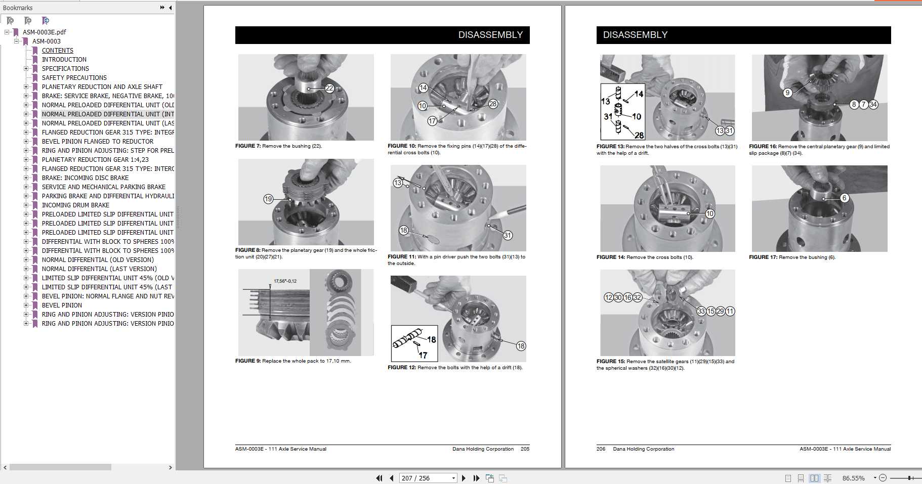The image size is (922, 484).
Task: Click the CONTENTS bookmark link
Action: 57,51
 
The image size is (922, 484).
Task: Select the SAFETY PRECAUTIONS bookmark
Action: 74,78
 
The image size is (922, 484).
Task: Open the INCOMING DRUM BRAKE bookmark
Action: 75,205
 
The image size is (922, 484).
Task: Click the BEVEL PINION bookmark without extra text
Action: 62,305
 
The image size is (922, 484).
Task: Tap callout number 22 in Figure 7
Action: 329,88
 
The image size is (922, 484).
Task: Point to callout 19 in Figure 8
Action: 268,199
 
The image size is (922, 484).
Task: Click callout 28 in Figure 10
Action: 493,104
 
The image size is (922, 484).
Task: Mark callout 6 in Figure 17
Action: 844,198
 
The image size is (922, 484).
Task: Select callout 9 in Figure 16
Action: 787,93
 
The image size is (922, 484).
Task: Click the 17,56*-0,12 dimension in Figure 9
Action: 285,281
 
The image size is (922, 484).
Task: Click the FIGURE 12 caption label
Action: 401,368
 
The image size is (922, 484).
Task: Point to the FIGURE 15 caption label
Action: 610,362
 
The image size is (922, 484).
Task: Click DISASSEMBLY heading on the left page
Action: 490,35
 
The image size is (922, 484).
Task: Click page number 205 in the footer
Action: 525,449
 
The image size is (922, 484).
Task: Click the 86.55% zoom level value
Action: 853,478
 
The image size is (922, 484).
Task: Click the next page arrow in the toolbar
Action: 464,478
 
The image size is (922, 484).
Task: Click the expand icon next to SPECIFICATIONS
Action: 26,69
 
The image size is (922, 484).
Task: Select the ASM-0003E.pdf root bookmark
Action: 44,32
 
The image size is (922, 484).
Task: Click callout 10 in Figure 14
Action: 710,213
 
